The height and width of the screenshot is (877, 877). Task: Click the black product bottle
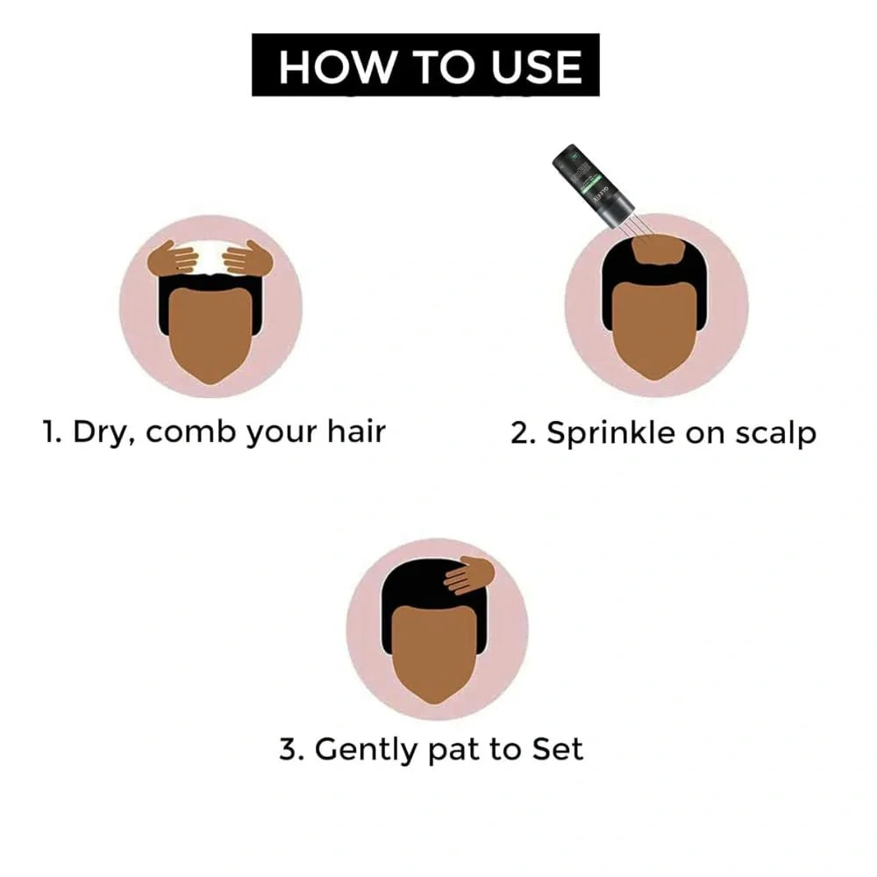pos(593,185)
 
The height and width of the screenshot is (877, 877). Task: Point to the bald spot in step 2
pos(657,253)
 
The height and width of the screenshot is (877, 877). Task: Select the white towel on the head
pos(210,258)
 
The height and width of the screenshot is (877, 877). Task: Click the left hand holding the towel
pos(173,259)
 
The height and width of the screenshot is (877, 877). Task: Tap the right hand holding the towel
pos(248,259)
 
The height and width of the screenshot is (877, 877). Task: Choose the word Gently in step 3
pos(368,750)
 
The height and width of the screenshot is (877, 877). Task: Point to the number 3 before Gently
pos(289,750)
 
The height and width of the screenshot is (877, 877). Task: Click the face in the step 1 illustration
pos(210,333)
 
